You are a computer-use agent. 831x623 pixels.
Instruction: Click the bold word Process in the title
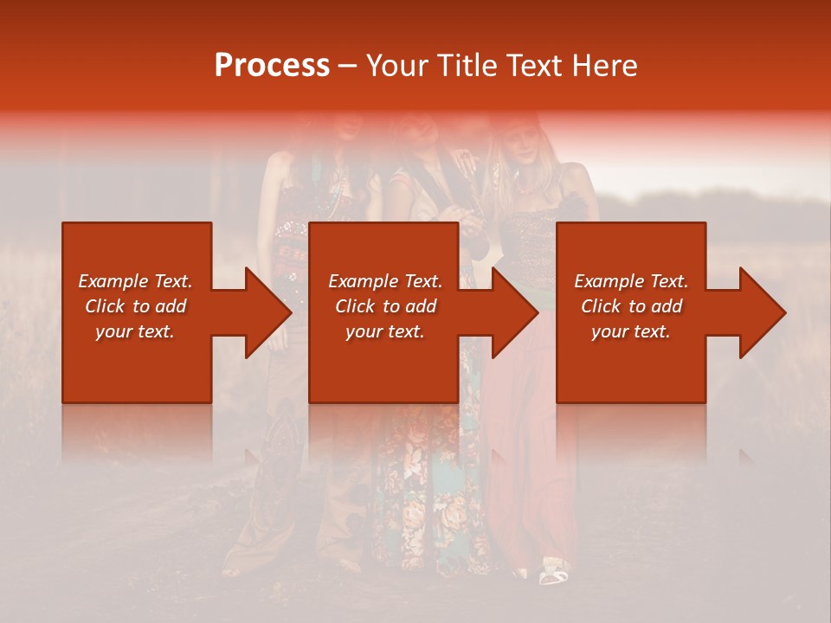272,66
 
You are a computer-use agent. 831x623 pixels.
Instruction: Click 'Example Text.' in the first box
135,281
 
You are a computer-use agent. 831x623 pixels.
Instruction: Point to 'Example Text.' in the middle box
385,281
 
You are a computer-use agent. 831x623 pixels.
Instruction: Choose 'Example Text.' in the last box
631,281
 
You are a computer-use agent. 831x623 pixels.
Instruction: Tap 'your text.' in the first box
135,331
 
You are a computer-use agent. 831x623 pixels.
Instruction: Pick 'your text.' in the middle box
385,331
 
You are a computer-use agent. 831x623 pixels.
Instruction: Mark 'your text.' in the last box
631,331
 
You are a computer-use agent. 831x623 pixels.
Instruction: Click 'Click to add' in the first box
135,306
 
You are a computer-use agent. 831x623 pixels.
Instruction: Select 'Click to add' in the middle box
385,306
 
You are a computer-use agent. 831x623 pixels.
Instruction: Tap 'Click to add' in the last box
631,306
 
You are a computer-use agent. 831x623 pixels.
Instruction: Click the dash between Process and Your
347,67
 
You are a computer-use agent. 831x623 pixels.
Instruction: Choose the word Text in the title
529,66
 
